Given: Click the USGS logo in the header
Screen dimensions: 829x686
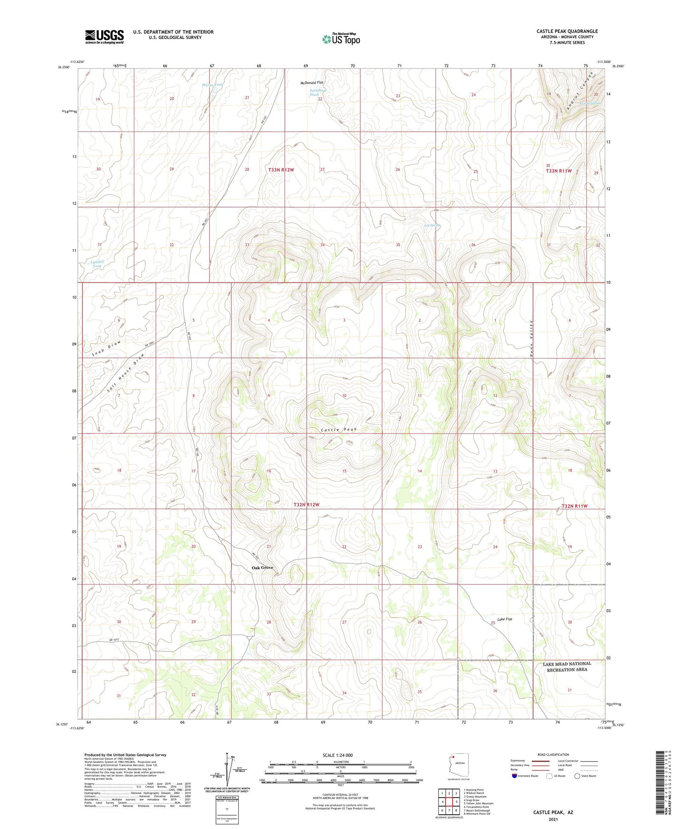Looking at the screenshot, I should click(104, 37).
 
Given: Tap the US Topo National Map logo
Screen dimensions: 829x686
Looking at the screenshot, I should click(341, 38).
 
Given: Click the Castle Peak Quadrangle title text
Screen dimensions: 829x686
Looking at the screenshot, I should click(567, 31).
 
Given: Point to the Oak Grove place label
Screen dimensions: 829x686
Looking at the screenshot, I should click(263, 567).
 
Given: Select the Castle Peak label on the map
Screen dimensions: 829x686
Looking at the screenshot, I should click(338, 429).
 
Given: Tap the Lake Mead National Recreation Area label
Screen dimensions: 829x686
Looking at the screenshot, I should click(567, 666).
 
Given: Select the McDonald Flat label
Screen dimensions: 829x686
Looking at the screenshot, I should click(312, 83).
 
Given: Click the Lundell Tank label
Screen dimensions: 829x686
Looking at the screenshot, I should click(97, 264).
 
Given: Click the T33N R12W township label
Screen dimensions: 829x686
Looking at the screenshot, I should click(281, 170).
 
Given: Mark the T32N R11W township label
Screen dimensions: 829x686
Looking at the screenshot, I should click(574, 506).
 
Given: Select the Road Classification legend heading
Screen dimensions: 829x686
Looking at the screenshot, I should click(553, 754).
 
